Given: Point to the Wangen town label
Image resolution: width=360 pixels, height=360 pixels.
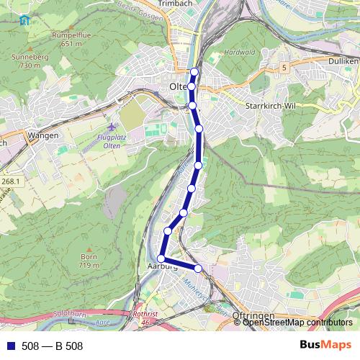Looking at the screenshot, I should pyautogui.click(x=42, y=135).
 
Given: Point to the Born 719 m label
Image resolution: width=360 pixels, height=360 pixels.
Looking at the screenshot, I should pyautogui.click(x=89, y=261).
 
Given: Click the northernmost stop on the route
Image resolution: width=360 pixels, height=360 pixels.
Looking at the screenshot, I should pyautogui.click(x=194, y=71).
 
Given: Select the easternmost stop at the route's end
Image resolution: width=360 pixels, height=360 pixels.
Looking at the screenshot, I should pyautogui.click(x=199, y=269).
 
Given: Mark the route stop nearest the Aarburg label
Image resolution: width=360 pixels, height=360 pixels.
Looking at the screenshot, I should pyautogui.click(x=161, y=258).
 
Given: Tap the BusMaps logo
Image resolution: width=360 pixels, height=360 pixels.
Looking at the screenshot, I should pyautogui.click(x=325, y=346).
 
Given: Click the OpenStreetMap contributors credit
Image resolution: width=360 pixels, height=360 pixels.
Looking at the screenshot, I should pyautogui.click(x=297, y=322).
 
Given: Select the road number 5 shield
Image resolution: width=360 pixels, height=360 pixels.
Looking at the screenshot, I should pyautogui.click(x=285, y=67).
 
